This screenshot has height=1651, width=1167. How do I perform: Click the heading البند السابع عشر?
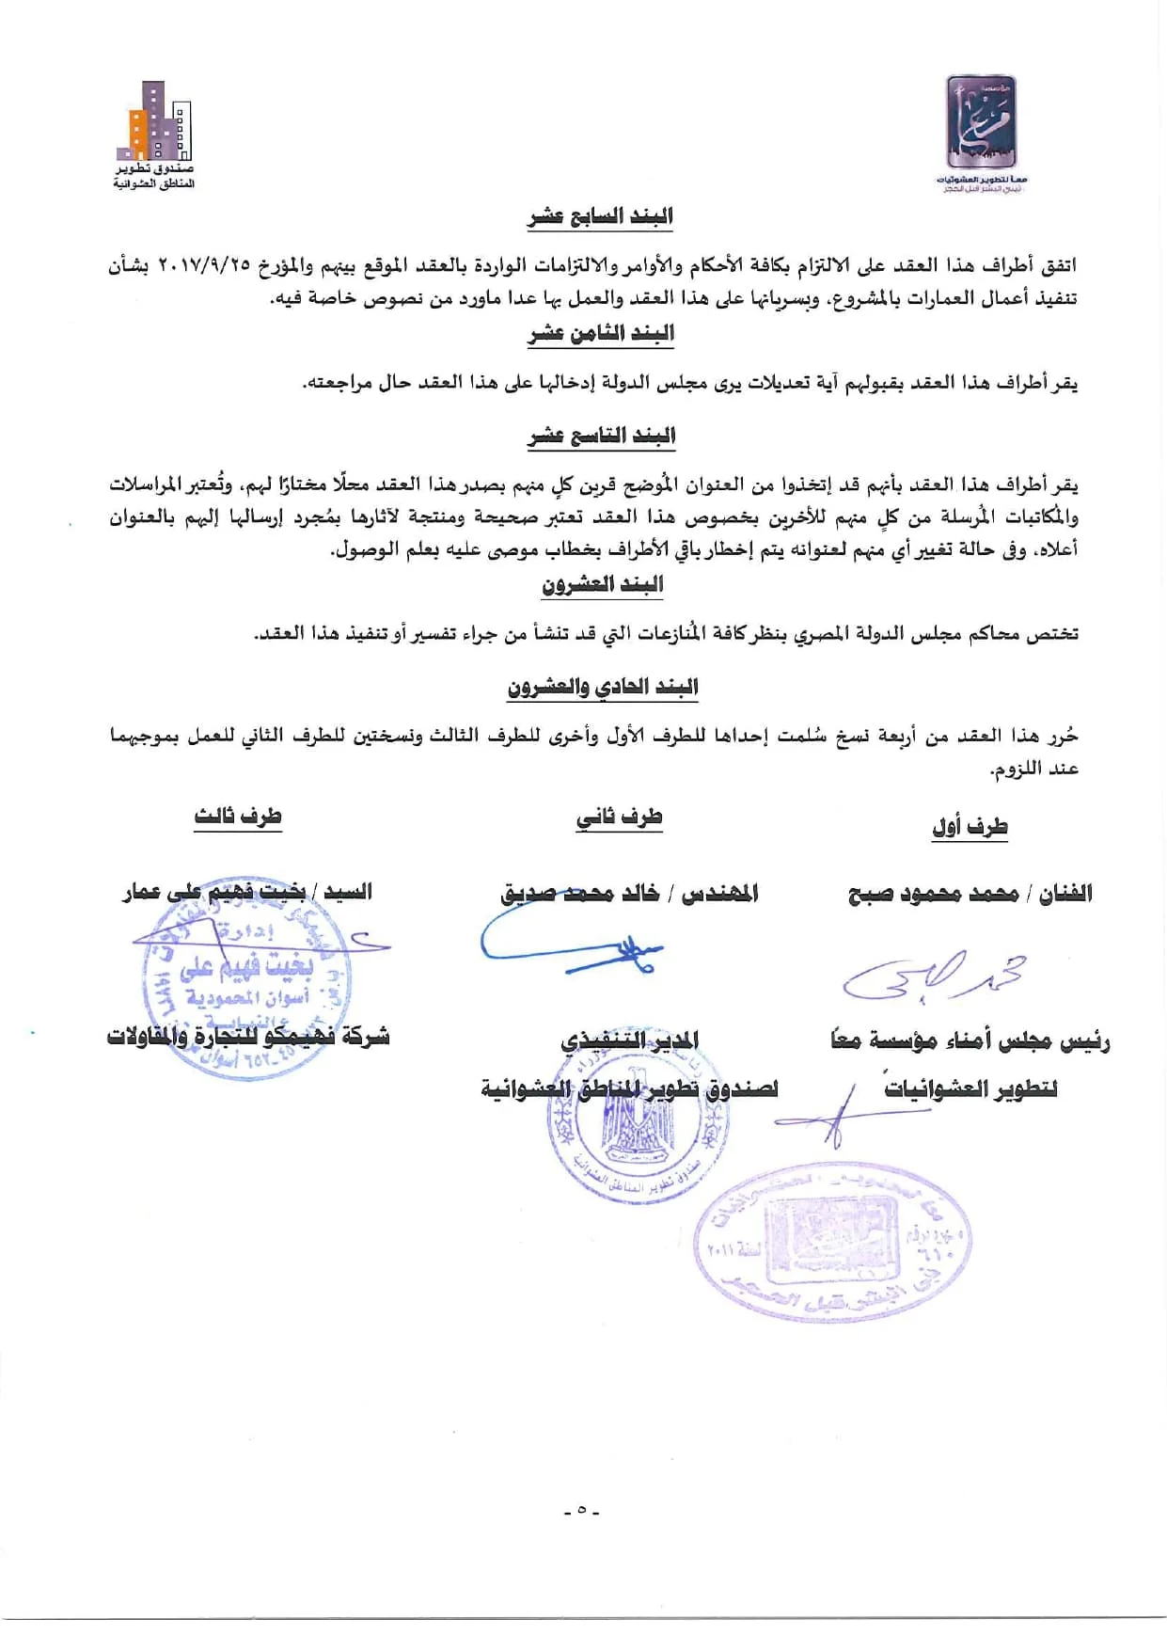[x=600, y=217]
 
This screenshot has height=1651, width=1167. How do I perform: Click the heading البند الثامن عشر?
[x=600, y=334]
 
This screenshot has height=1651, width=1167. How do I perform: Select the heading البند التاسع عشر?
[x=601, y=437]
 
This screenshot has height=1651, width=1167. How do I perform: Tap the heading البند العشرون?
[x=602, y=585]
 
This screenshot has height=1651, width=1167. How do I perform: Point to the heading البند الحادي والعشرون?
[x=602, y=688]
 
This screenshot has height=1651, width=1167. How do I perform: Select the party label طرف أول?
[x=970, y=827]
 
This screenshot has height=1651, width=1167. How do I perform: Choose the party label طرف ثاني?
[x=619, y=818]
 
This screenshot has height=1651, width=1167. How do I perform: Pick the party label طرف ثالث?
[x=238, y=817]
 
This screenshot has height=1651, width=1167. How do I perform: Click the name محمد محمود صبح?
[x=934, y=894]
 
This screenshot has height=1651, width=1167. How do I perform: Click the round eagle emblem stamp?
[x=638, y=1115]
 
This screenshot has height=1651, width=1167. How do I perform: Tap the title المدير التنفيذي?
[x=629, y=1040]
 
